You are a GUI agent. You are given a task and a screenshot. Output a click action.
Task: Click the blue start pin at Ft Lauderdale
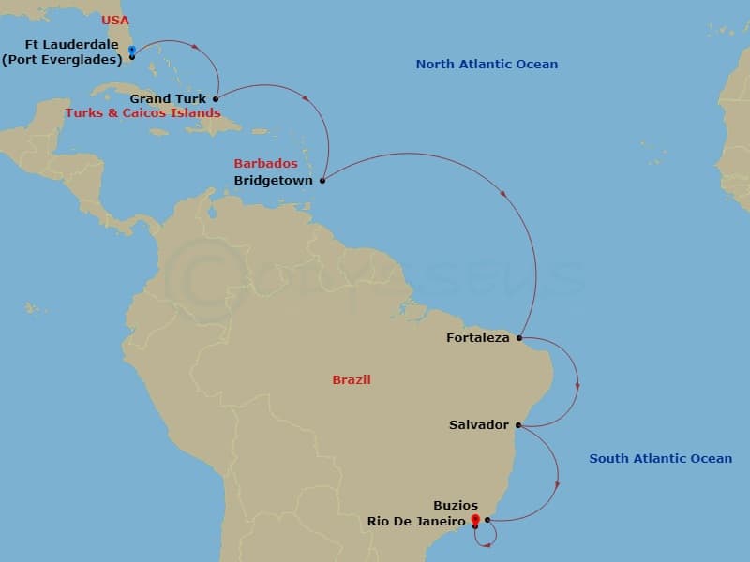(131, 51)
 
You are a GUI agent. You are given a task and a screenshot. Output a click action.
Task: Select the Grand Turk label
(169, 98)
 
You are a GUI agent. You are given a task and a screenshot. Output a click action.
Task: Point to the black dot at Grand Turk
(216, 98)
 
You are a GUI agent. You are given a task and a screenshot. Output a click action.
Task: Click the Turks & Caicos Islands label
(142, 113)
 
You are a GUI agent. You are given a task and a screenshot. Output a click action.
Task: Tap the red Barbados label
(265, 164)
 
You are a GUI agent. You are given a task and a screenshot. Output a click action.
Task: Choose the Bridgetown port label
(273, 180)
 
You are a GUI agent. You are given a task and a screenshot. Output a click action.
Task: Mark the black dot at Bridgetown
(322, 180)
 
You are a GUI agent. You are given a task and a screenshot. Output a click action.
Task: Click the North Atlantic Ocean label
(487, 65)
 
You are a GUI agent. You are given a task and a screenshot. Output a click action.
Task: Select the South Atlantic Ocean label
(660, 458)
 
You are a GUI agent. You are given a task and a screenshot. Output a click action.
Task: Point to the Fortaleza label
(477, 338)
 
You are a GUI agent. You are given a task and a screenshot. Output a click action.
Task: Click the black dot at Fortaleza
(519, 338)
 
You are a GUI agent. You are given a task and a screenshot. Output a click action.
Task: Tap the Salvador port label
(479, 425)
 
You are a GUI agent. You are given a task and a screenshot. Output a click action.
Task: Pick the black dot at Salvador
(517, 425)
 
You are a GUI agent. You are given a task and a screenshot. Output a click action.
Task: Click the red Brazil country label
(352, 380)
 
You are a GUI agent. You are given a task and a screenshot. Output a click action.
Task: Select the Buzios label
(456, 506)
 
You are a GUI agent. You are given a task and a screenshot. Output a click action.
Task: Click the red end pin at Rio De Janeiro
(475, 519)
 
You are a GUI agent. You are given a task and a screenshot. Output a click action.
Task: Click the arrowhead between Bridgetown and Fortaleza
(505, 196)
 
